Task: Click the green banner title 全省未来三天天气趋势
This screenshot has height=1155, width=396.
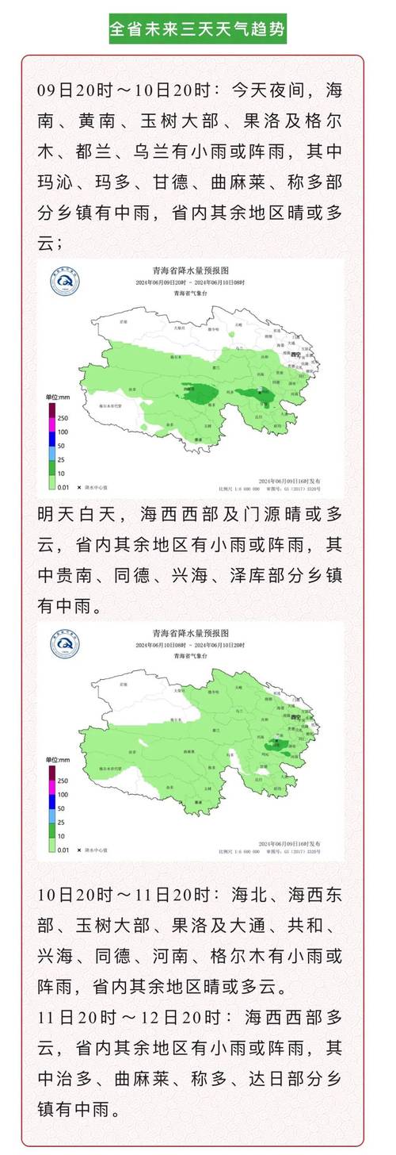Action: pos(197,29)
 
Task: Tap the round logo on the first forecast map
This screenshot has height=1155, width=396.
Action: pos(65,281)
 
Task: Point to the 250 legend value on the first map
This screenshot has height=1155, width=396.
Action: pos(61,417)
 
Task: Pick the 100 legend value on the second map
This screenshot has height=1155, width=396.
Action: pos(61,793)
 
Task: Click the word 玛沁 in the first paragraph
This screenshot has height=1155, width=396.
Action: pos(55,182)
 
